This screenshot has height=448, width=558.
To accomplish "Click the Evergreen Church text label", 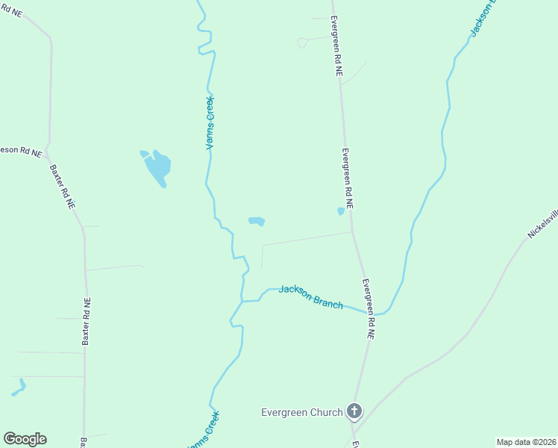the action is click(x=301, y=412).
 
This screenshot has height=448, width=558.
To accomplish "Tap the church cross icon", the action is click(x=354, y=411).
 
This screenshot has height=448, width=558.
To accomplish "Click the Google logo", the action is click(x=25, y=439).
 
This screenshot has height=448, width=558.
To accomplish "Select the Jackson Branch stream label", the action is click(x=311, y=296).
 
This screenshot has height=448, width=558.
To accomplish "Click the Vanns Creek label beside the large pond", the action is click(x=210, y=122).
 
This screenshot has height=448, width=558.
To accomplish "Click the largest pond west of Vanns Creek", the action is click(x=158, y=168).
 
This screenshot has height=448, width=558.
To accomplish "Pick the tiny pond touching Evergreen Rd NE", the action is click(x=341, y=211).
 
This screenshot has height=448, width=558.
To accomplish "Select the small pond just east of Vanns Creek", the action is click(x=257, y=221).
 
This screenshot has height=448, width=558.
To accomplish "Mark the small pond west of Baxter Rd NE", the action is click(x=18, y=388).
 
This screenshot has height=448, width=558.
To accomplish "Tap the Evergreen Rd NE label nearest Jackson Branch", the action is click(x=367, y=309).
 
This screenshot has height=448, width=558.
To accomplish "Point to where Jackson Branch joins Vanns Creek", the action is click(x=242, y=301).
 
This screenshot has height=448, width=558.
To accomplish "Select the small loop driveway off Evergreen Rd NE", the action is click(x=302, y=43).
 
